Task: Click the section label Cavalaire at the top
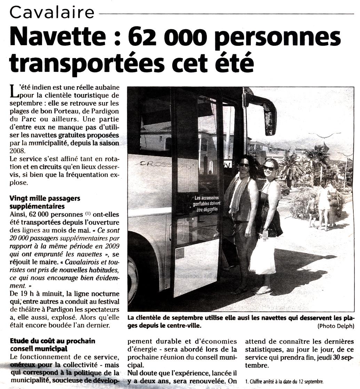pyautogui.click(x=52, y=13)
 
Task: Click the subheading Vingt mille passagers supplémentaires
pyautogui.click(x=45, y=202)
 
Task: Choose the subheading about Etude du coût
pyautogui.click(x=53, y=344)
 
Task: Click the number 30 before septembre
pyautogui.click(x=327, y=358)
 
